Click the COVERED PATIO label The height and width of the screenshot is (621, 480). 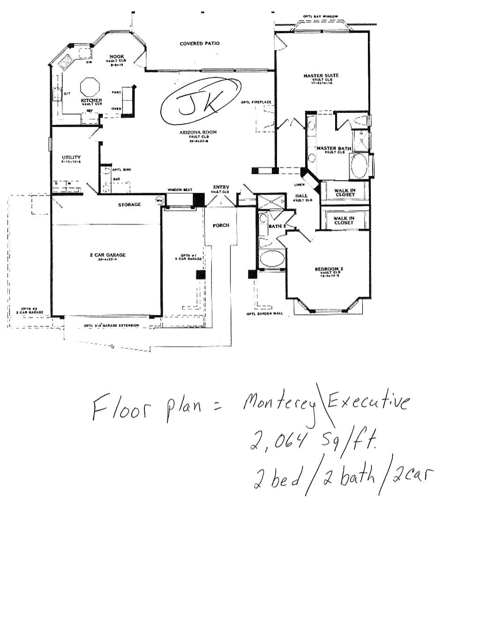pos(200,44)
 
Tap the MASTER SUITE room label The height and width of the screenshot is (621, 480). pos(321,75)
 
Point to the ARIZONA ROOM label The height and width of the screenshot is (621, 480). pos(197,133)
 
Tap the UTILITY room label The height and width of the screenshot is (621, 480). pos(71,157)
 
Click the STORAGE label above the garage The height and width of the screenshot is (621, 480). pos(129,205)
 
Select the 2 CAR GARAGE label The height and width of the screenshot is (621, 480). pos(108,255)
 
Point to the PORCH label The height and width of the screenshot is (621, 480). pos(221,225)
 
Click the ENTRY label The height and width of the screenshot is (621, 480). pos(220,187)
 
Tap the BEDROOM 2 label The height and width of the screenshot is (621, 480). pos(329,269)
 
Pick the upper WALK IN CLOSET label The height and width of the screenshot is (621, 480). pos(345,192)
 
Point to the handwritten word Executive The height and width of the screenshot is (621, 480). pos(367,403)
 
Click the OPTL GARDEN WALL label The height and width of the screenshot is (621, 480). pos(264,314)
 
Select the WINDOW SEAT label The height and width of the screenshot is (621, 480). pos(178,190)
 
